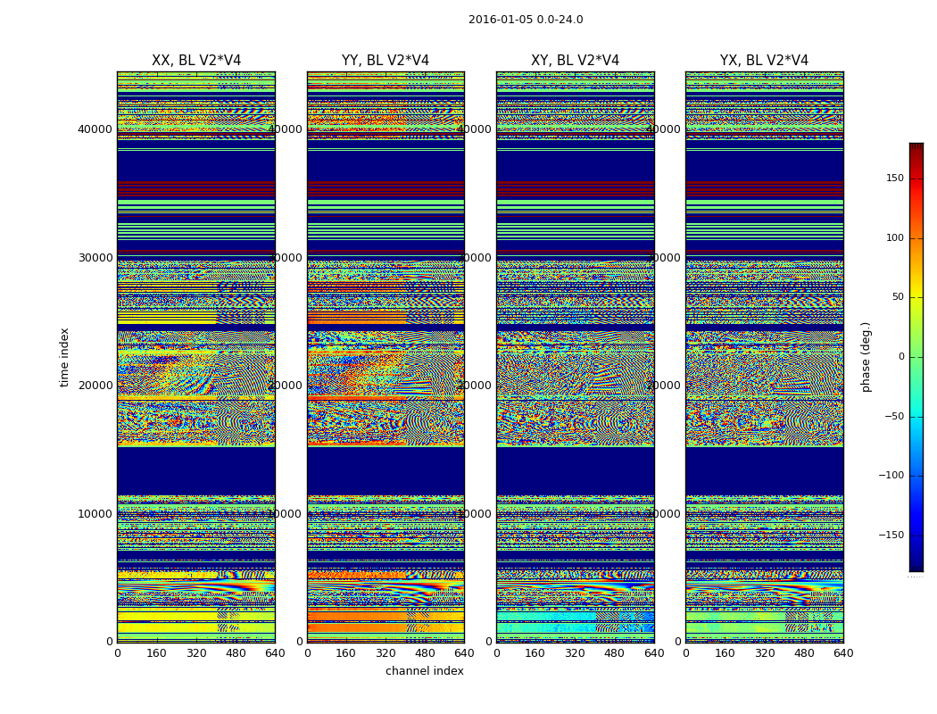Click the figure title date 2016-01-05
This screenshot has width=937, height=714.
(x=500, y=20)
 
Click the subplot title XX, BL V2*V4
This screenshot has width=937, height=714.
(x=196, y=61)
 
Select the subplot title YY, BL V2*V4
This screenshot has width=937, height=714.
(x=386, y=61)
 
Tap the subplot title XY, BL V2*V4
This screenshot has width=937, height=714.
(x=575, y=61)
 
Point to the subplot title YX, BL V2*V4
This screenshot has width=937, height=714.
(x=764, y=61)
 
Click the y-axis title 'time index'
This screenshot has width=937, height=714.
(x=64, y=357)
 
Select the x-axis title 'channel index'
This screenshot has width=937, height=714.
(x=425, y=671)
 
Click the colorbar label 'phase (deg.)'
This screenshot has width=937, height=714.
(x=867, y=357)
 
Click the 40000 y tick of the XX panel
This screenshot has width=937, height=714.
(x=95, y=129)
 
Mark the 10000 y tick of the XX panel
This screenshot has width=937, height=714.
(x=95, y=513)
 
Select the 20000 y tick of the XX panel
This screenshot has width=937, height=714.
(x=95, y=385)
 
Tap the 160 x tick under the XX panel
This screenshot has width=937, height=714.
(x=157, y=653)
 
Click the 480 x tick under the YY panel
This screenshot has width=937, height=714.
(x=425, y=653)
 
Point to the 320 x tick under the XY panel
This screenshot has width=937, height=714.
(x=575, y=653)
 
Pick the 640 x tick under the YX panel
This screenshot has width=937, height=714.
(x=843, y=653)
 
